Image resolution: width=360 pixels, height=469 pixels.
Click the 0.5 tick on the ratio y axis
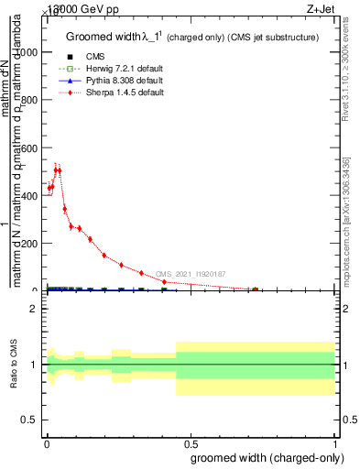coord(34,420)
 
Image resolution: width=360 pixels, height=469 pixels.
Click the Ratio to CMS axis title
coord(14,365)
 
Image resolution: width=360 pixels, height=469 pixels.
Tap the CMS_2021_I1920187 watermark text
coord(190,274)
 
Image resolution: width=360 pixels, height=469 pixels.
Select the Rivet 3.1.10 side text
coord(346,86)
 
